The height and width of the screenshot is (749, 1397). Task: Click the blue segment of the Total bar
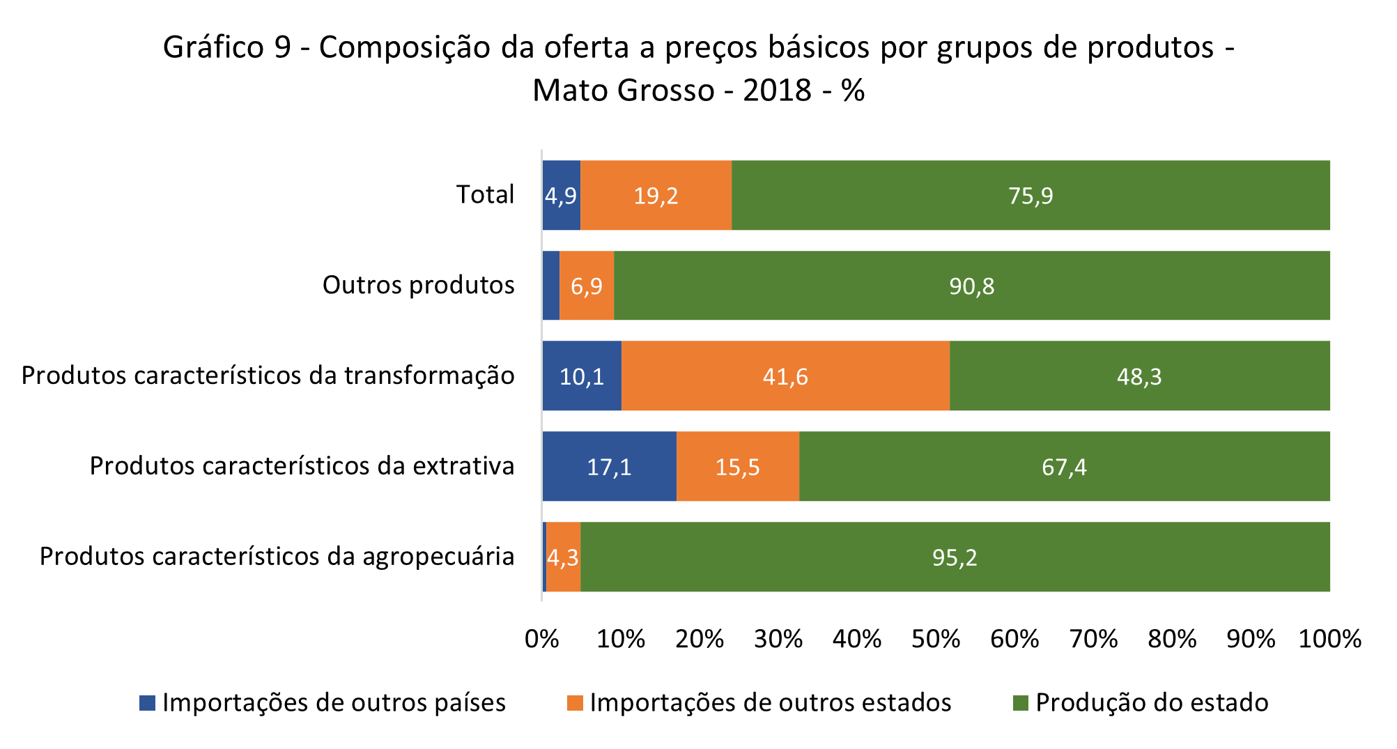coord(561,195)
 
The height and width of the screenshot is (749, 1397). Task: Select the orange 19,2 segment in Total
coord(656,195)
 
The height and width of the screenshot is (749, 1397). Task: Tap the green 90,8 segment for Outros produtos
coord(971,286)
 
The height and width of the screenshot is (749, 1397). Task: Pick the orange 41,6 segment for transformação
coord(785,376)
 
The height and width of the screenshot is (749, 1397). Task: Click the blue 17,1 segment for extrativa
coord(609,466)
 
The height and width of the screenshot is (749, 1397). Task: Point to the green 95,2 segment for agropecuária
coord(955,557)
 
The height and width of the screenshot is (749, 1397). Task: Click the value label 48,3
coord(1139,377)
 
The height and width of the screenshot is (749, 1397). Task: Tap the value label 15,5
coord(737,467)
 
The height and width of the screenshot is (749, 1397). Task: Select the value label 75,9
coord(1031,196)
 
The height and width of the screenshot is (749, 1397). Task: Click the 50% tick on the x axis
coord(936,639)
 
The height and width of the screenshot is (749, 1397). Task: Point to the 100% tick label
coord(1329,639)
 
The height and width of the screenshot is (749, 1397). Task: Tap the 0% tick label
coord(542,639)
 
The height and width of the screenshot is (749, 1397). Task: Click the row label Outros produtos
coord(418,285)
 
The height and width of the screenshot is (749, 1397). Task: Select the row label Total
coord(485,194)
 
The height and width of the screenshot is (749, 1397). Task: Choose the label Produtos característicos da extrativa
coord(302,465)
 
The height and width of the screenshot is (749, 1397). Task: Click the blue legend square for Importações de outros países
coord(147,703)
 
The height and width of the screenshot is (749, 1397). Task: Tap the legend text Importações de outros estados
coord(770,702)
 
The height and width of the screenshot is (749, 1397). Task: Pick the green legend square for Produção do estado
coord(1020,703)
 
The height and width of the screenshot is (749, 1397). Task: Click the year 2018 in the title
coord(777,91)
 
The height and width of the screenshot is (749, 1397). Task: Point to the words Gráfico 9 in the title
coord(226,47)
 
